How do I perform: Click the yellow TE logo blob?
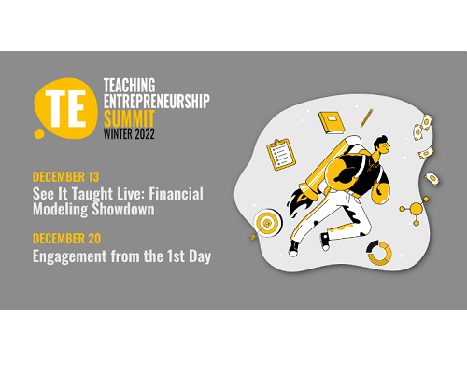66,107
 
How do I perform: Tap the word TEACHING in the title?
129,85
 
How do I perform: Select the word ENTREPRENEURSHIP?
157,101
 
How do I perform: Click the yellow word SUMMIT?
129,117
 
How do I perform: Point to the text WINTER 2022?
129,134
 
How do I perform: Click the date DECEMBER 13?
65,177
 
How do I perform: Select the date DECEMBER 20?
66,239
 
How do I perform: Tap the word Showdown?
123,209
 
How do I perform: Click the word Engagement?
70,256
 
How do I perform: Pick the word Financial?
176,194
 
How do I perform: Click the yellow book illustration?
332,122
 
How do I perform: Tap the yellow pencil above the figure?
366,118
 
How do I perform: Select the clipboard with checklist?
281,154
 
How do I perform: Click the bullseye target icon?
268,223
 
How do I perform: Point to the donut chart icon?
379,253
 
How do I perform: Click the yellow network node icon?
416,209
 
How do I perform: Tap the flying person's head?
382,145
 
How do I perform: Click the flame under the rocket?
299,202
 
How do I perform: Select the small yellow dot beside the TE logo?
39,133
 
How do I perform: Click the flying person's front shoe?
325,242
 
